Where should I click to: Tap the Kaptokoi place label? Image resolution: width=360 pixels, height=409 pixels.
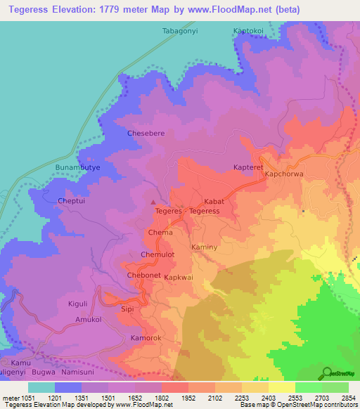[249, 32]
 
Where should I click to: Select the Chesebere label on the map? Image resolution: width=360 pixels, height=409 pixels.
[146, 133]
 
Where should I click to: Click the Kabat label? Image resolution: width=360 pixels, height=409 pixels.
[214, 201]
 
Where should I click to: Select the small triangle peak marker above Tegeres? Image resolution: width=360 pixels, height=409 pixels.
[154, 203]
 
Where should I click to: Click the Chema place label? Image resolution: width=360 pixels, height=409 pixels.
[160, 232]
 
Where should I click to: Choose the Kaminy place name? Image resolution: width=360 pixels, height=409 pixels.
[205, 248]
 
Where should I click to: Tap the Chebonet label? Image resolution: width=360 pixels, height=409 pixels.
[143, 275]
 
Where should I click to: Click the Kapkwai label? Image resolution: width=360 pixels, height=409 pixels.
[179, 278]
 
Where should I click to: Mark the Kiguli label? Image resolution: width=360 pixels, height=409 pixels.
[77, 303]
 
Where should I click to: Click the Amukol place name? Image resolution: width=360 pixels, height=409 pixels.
[89, 320]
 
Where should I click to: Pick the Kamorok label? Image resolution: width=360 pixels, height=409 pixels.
[146, 339]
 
